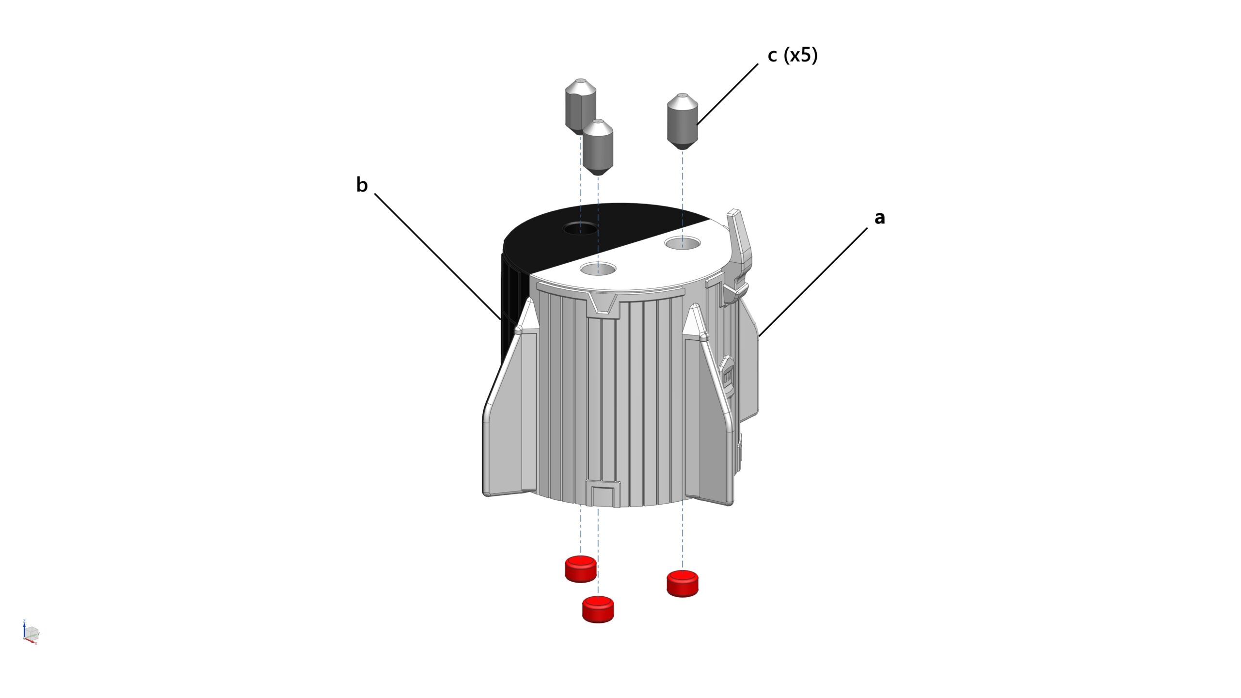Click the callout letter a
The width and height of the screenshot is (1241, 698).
coord(879,218)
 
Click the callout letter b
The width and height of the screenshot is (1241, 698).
coord(362,185)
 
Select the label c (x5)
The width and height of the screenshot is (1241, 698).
coord(793,55)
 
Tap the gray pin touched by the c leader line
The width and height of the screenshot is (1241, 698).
coord(683,121)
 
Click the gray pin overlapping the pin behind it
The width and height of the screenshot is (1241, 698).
coord(598,147)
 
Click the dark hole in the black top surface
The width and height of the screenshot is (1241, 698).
coord(580,228)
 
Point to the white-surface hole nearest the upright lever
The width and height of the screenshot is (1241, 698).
coord(683,242)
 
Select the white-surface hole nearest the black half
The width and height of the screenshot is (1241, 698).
coord(598,268)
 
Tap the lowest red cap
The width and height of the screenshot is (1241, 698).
coord(598,609)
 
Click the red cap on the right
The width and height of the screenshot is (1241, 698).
coord(683,584)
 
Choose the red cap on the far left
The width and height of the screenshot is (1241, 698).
coord(581,569)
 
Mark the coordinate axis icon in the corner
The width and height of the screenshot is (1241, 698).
coord(31,632)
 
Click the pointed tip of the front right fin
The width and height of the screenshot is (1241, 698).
coord(694,307)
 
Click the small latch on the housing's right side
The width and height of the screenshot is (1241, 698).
coord(727,373)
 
